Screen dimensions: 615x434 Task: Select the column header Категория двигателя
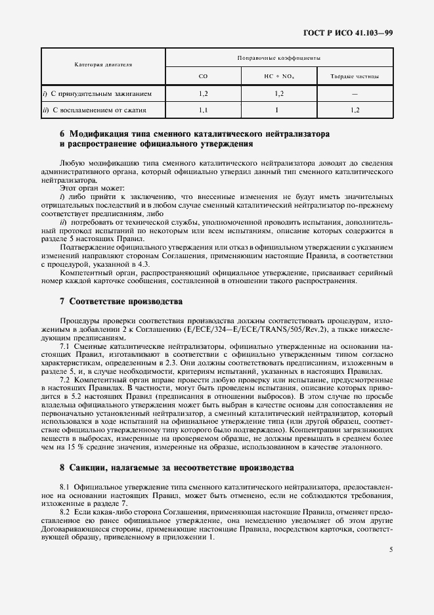(x=103, y=66)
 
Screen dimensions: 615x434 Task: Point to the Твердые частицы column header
(x=355, y=77)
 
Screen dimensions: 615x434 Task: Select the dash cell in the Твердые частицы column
(x=355, y=94)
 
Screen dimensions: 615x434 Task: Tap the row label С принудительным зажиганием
(x=101, y=94)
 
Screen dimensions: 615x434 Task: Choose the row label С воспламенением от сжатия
(x=98, y=110)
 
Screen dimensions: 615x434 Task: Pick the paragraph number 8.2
(x=65, y=511)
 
